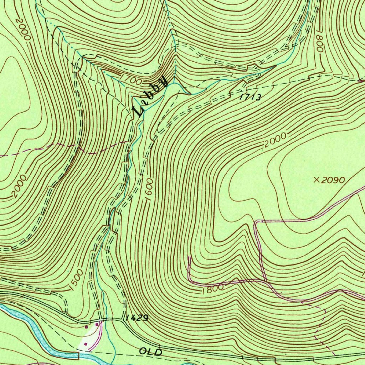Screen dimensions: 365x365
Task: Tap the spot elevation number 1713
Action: (251, 97)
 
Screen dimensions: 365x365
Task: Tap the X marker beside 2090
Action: (316, 180)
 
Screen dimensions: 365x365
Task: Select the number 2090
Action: (333, 180)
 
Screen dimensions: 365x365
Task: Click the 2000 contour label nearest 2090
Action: (276, 140)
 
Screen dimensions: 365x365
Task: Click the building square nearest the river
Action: (85, 344)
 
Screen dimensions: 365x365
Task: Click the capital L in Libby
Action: (138, 111)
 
